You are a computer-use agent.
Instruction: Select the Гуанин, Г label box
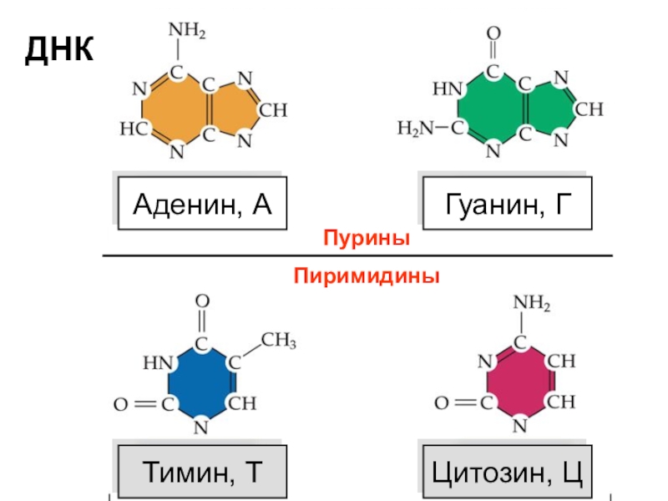pyautogui.click(x=507, y=203)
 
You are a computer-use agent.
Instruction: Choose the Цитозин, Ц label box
pyautogui.click(x=507, y=473)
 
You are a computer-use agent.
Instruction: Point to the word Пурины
pyautogui.click(x=367, y=239)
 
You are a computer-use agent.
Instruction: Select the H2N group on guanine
pyautogui.click(x=416, y=129)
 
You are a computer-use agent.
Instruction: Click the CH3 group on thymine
pyautogui.click(x=280, y=341)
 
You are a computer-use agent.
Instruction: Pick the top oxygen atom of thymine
pyautogui.click(x=202, y=301)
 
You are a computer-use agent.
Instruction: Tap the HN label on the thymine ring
pyautogui.click(x=157, y=363)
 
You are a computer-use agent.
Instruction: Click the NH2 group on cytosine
pyautogui.click(x=532, y=302)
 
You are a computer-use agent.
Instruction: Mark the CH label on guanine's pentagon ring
pyautogui.click(x=590, y=109)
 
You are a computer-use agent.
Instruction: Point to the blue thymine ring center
pyautogui.click(x=201, y=384)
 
